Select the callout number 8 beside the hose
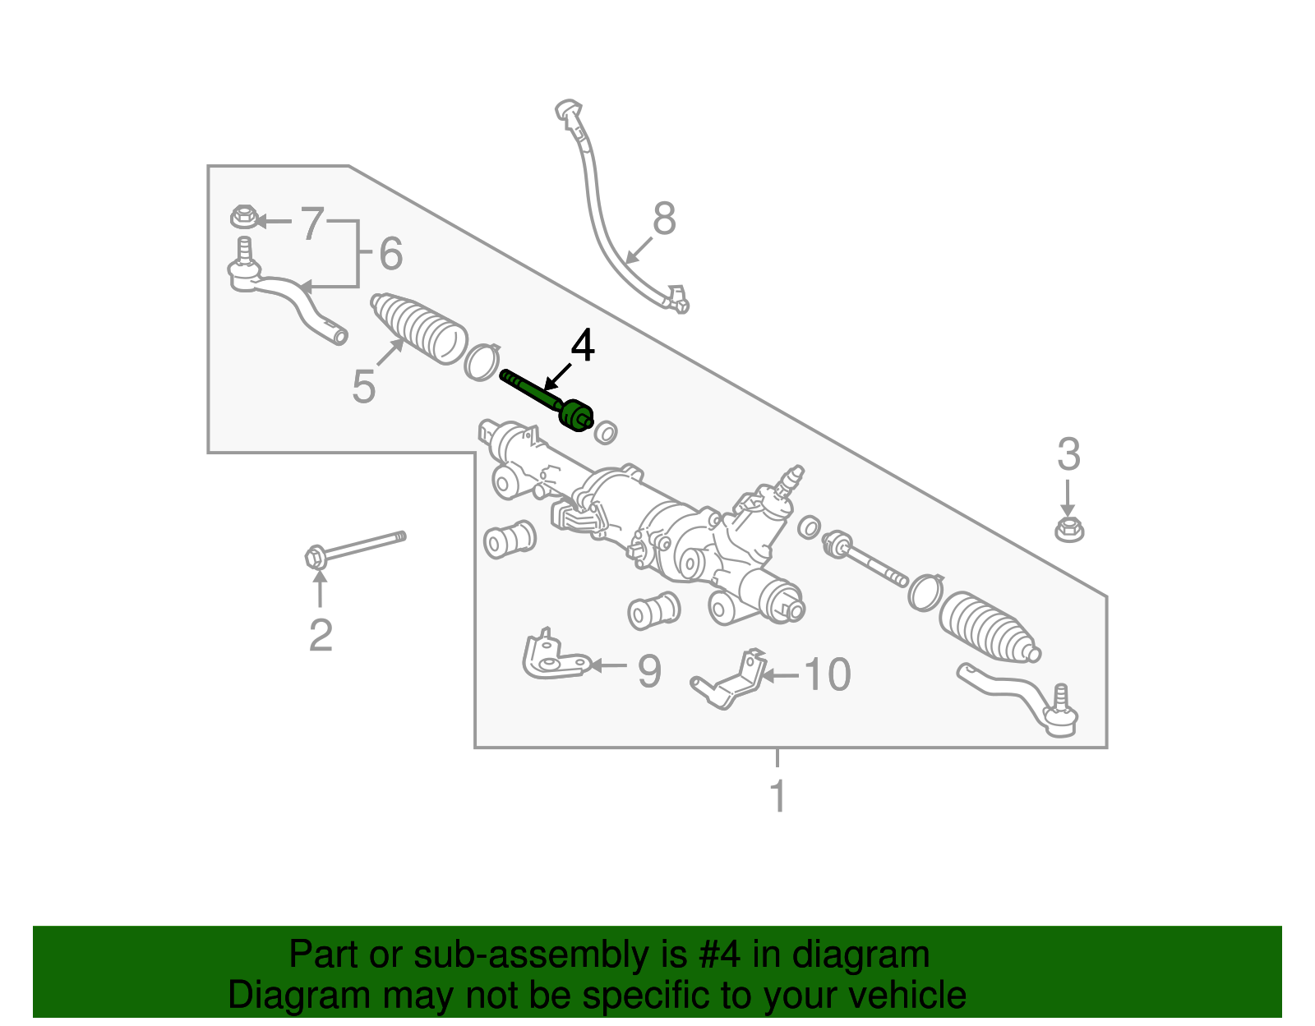coord(663,219)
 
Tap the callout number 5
coord(363,386)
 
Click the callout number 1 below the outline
coord(777,796)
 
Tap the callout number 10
coord(826,674)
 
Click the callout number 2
coord(321,635)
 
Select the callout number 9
coord(649,671)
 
